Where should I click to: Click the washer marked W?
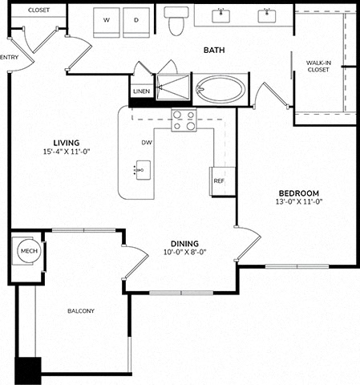pyautogui.click(x=107, y=22)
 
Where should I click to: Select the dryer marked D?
pyautogui.click(x=136, y=22)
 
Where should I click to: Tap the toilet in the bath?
pyautogui.click(x=176, y=21)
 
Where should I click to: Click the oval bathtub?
pyautogui.click(x=220, y=89)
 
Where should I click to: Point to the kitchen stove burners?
pyautogui.click(x=184, y=120)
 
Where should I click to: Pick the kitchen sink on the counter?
pyautogui.click(x=143, y=170)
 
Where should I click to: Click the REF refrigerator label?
pyautogui.click(x=219, y=181)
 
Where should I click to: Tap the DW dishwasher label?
pyautogui.click(x=147, y=143)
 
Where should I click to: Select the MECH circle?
pyautogui.click(x=29, y=251)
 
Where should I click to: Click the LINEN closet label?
pyautogui.click(x=141, y=91)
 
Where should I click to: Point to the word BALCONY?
pyautogui.click(x=81, y=311)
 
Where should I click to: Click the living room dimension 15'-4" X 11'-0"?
pyautogui.click(x=67, y=152)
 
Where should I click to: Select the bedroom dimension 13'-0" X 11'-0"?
pyautogui.click(x=299, y=201)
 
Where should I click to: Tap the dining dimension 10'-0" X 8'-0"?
pyautogui.click(x=185, y=252)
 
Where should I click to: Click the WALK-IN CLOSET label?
pyautogui.click(x=318, y=67)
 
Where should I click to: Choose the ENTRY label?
pyautogui.click(x=9, y=57)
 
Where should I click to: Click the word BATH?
pyautogui.click(x=214, y=50)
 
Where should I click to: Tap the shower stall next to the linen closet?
pyautogui.click(x=173, y=87)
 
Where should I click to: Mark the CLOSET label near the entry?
pyautogui.click(x=38, y=10)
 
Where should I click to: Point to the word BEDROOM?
pyautogui.click(x=299, y=193)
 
